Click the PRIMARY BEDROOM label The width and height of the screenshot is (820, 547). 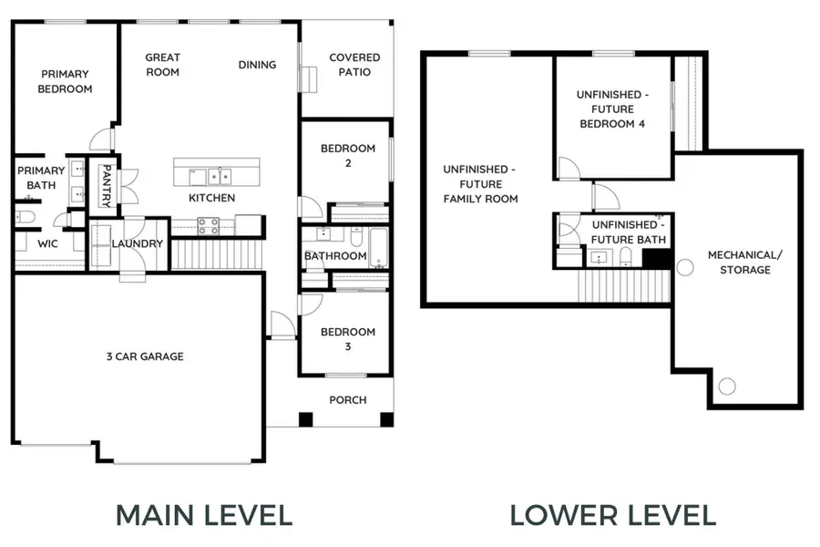point(65,82)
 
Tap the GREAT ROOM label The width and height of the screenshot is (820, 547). point(163,65)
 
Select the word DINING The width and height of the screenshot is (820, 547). point(257,65)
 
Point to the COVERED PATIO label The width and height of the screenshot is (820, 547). point(354,65)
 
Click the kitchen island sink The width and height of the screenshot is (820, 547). point(220,176)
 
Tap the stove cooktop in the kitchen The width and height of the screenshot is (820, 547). point(208,226)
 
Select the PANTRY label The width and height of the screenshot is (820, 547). point(107,186)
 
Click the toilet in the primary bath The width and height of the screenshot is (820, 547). point(25,217)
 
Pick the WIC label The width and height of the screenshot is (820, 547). point(47,244)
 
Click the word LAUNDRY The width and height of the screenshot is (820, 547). point(138,244)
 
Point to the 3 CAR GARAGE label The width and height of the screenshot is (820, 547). point(145,357)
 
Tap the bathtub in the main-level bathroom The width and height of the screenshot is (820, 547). point(379,248)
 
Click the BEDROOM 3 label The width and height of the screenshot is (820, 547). point(348,339)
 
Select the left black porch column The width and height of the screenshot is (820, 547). point(306,419)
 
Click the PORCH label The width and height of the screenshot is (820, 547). point(348,400)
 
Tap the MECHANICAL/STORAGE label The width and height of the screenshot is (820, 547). point(745,263)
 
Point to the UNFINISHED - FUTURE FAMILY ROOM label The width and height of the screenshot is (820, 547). point(480,184)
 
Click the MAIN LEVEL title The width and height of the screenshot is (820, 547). point(204,515)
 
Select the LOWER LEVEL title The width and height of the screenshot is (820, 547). point(613,515)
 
